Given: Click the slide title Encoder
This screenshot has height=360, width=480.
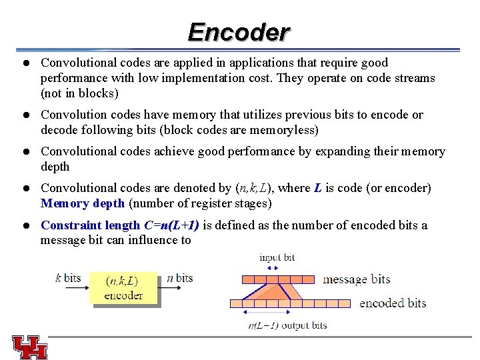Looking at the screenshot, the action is (239, 31).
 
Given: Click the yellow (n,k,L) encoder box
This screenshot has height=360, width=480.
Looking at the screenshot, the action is (123, 288).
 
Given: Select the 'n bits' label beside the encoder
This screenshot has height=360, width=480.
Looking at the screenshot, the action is (179, 278).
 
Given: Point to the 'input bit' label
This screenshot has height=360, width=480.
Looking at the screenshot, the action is (277, 257).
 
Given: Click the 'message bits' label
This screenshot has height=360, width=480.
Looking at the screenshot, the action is (356, 279).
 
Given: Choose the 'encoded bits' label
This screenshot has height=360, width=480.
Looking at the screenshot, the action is (392, 303).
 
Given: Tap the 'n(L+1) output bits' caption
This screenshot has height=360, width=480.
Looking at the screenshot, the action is (287, 325).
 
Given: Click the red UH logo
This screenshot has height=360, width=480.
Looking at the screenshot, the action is (29, 347).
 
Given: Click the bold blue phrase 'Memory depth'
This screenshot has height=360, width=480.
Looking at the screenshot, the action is (83, 203).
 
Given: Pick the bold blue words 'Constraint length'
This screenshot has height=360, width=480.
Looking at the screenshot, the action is (91, 225).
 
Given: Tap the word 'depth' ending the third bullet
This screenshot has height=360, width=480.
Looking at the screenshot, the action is (55, 167).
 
